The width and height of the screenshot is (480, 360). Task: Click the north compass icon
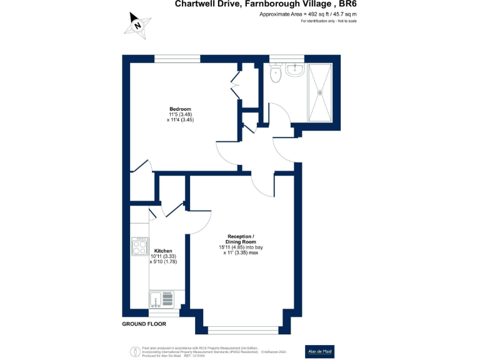137,25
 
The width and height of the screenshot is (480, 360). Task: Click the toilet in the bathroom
275,74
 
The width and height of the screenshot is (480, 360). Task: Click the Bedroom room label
180,109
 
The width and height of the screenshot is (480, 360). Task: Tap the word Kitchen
163,251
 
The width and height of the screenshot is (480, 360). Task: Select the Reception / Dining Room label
241,239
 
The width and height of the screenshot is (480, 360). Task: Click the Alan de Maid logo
318,351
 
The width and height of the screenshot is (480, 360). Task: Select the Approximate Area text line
307,14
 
